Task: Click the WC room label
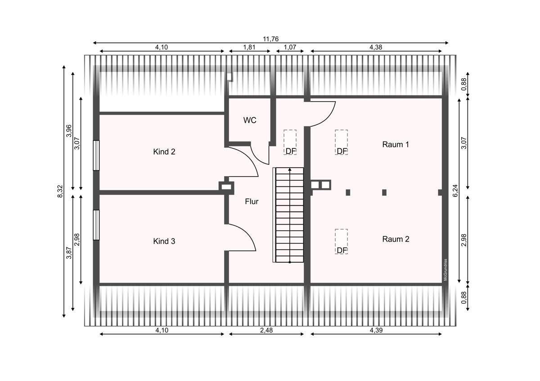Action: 250,120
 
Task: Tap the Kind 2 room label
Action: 164,151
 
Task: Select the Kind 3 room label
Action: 164,241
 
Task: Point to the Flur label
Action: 252,201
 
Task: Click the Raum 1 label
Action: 396,144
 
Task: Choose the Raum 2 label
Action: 396,239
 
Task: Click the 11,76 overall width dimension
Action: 271,39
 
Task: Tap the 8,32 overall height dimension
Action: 60,191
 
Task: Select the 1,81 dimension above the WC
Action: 249,47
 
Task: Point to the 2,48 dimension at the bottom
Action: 266,330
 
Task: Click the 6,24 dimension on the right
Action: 455,190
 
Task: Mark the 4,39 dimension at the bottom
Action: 376,330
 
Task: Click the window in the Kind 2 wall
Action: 96,155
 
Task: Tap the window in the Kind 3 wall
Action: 96,225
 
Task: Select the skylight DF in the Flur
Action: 290,142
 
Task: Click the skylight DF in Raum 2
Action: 342,242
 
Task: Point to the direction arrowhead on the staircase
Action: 290,170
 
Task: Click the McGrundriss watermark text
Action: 445,270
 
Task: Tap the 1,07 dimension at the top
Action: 290,47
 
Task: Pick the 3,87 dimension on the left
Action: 69,253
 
